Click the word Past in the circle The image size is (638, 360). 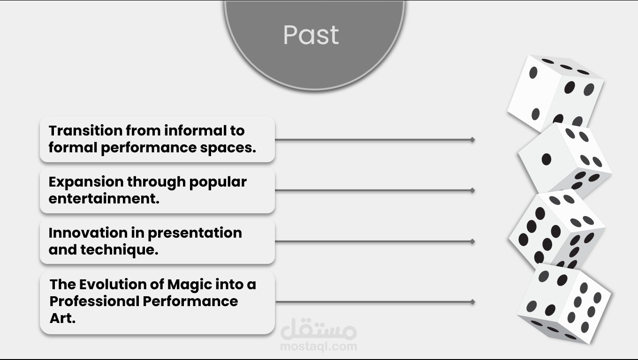click(x=311, y=35)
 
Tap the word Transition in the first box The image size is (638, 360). click(x=85, y=131)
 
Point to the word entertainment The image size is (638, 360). click(x=104, y=198)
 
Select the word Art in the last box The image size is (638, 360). click(x=62, y=318)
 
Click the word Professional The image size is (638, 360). click(x=95, y=301)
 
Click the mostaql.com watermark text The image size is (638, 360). click(x=319, y=346)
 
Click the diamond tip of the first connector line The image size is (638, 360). click(x=472, y=140)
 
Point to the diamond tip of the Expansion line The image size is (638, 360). click(x=472, y=190)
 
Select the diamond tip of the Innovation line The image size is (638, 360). click(x=472, y=241)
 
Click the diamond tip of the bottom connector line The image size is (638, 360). click(x=472, y=302)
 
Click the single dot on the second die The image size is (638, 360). click(x=546, y=159)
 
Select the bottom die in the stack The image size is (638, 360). click(x=564, y=303)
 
